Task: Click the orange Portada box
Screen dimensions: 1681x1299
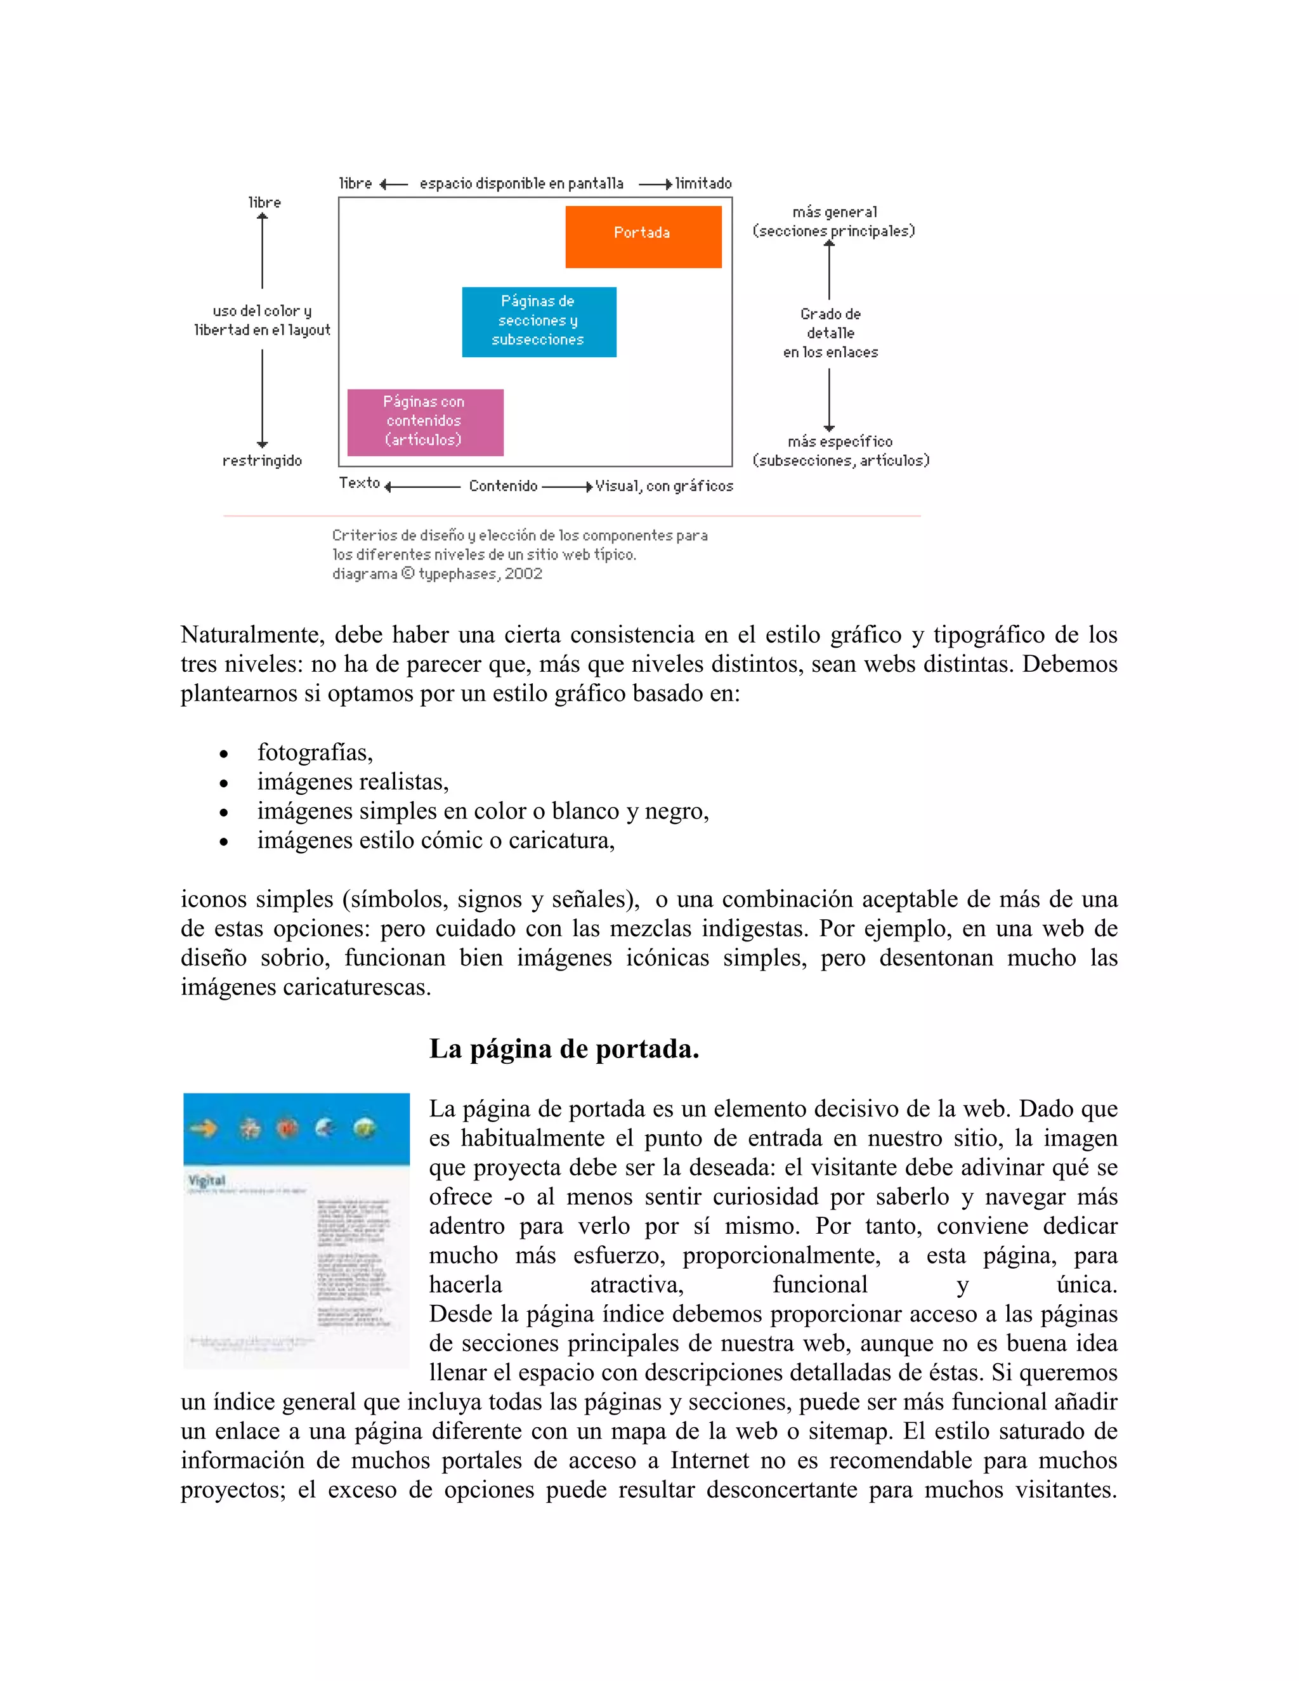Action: [643, 237]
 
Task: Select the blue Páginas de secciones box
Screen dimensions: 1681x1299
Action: [539, 322]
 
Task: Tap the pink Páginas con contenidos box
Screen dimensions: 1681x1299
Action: [425, 422]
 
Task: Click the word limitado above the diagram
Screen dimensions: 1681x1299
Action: [703, 184]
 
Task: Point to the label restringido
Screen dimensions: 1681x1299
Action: [262, 461]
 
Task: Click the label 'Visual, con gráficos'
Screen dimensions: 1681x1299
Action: [663, 487]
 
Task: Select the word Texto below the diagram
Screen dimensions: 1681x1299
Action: [360, 483]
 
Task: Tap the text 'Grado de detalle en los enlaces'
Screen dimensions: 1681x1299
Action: [830, 333]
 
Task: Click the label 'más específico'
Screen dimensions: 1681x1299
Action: [840, 442]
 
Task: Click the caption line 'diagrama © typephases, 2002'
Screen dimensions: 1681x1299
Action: [437, 574]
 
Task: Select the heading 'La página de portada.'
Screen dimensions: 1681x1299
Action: [563, 1049]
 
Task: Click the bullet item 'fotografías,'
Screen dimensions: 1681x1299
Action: [315, 752]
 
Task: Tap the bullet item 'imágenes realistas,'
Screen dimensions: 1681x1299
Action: [353, 782]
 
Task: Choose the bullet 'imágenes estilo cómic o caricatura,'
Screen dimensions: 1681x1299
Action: [436, 840]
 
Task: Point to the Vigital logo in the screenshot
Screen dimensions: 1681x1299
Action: [207, 1180]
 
